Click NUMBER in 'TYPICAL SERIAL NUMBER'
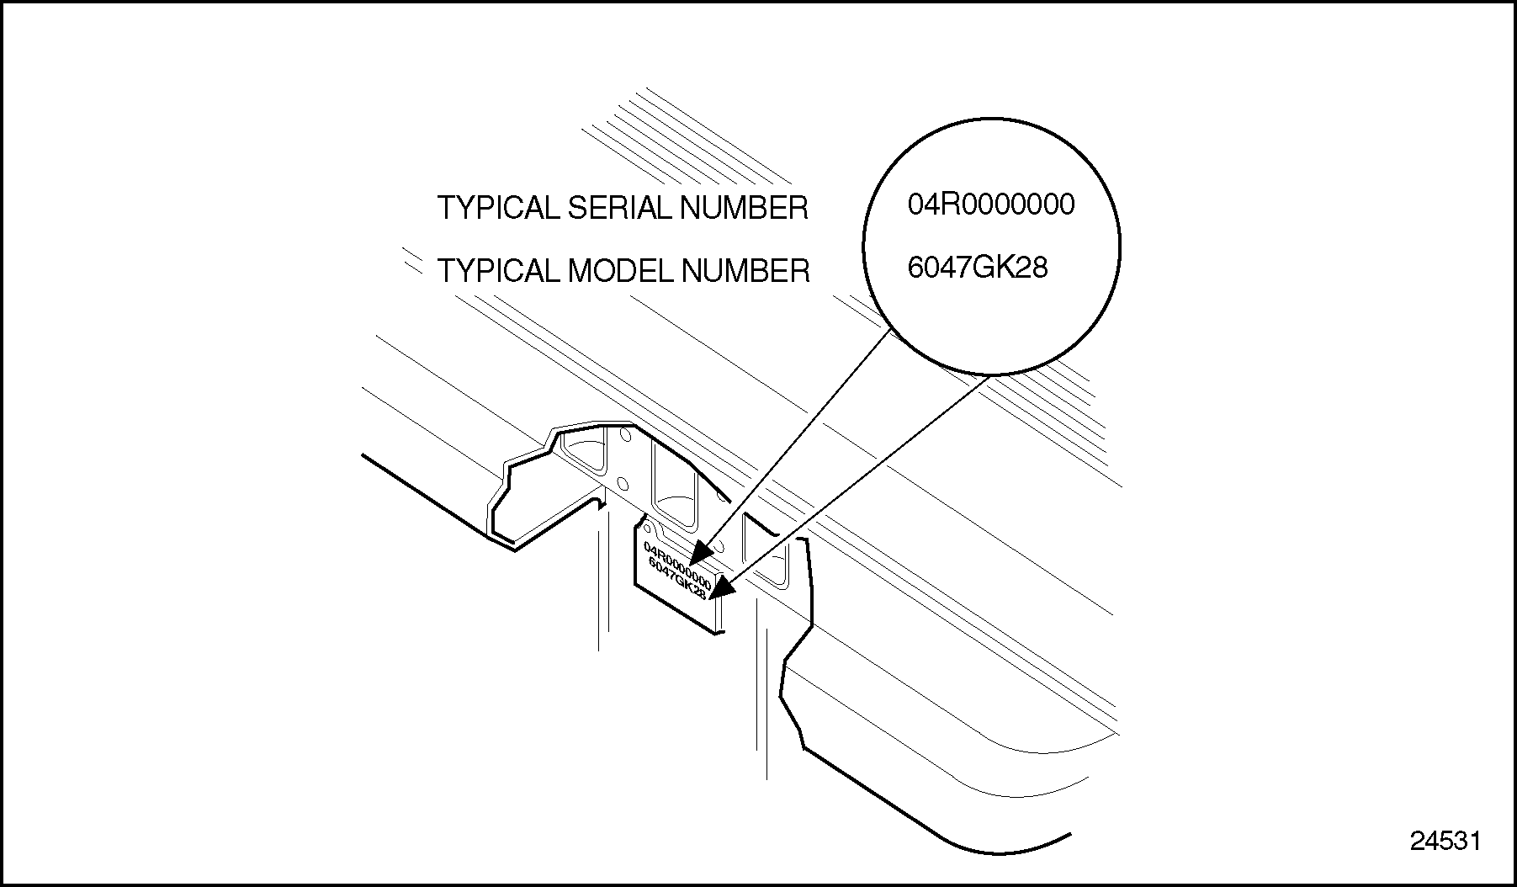pos(744,208)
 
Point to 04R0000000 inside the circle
pos(990,204)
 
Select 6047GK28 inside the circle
pos(977,268)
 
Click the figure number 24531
pos(1445,842)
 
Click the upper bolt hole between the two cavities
pos(624,436)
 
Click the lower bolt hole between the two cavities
pos(623,483)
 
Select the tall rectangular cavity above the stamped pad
pos(674,480)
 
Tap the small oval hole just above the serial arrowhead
pos(718,545)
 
